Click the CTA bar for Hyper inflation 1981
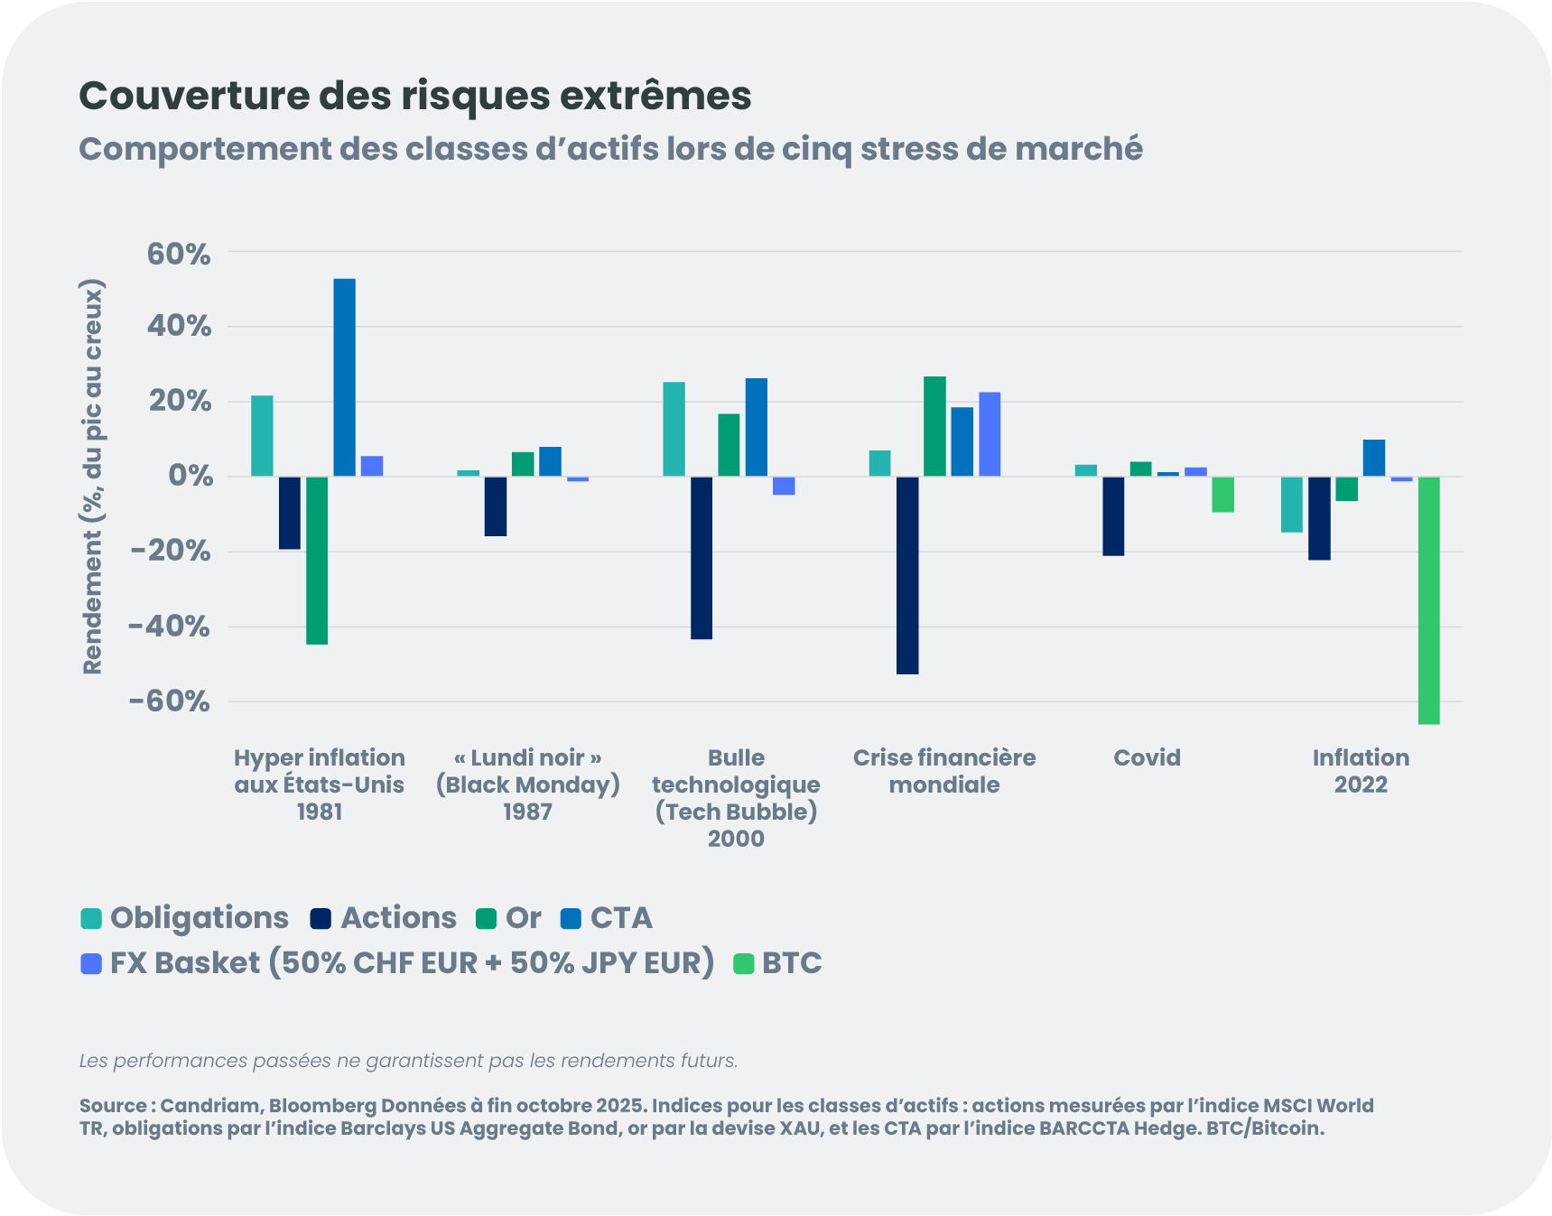(x=344, y=377)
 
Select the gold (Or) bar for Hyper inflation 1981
(x=317, y=561)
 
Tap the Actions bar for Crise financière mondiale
(x=907, y=575)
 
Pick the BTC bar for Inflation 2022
(x=1428, y=600)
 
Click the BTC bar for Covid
(x=1222, y=495)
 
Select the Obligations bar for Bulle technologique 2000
(x=674, y=429)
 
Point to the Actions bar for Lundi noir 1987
(x=496, y=506)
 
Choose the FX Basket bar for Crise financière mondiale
(x=990, y=434)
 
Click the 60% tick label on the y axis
(x=179, y=254)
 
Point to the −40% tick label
(x=170, y=626)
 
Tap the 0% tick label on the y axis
(x=190, y=476)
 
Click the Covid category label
(x=1147, y=757)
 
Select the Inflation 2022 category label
(x=1361, y=771)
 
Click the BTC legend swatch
(x=743, y=964)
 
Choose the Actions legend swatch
(x=321, y=919)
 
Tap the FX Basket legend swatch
(x=91, y=964)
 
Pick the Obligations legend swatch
(x=91, y=919)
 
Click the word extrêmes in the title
(x=655, y=96)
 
